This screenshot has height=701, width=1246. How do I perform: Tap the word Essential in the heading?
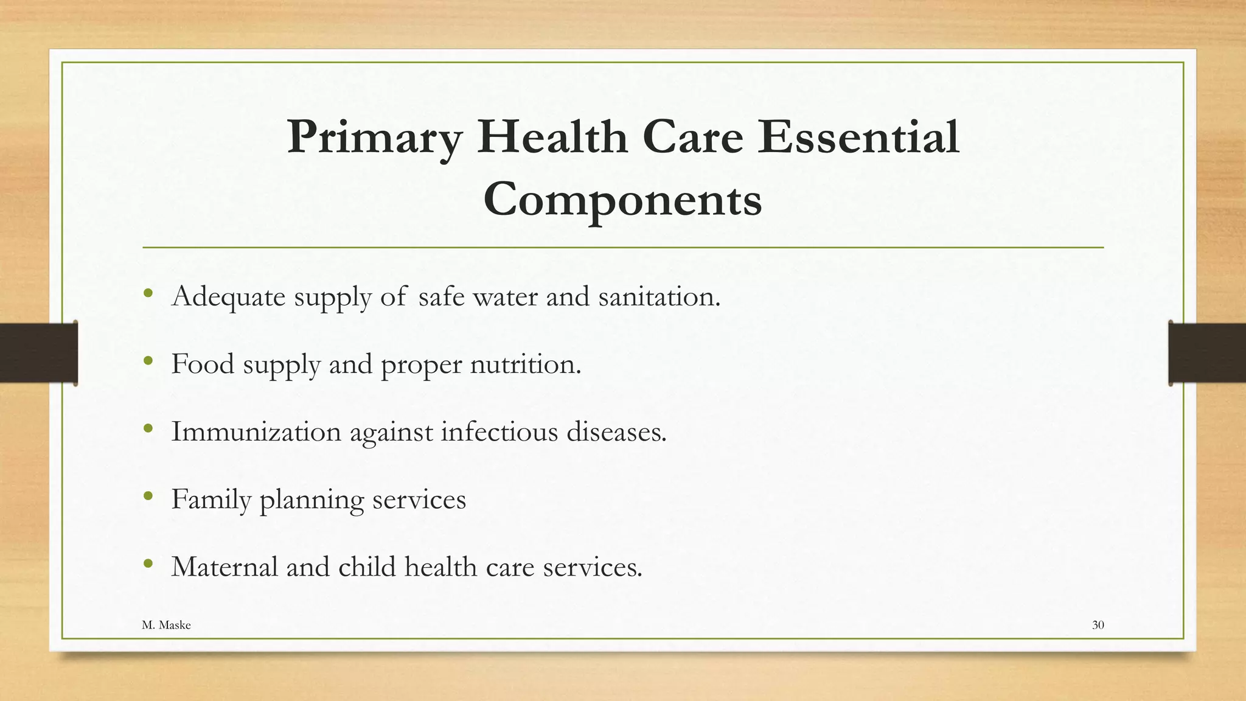tap(858, 138)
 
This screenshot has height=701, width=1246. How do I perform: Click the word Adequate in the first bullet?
tap(228, 298)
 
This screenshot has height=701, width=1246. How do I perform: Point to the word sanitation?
tap(659, 296)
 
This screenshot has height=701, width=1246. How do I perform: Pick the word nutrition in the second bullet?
tap(526, 364)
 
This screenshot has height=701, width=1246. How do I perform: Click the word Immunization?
tap(256, 432)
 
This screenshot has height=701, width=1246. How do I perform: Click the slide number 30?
tap(1098, 625)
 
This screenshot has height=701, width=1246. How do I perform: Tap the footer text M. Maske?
tap(166, 625)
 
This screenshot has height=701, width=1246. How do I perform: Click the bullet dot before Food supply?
tap(148, 361)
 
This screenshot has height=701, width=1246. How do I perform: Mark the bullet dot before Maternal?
tap(148, 564)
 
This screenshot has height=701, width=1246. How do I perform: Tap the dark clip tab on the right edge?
tap(1207, 353)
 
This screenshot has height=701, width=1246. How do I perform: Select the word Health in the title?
tap(552, 138)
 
